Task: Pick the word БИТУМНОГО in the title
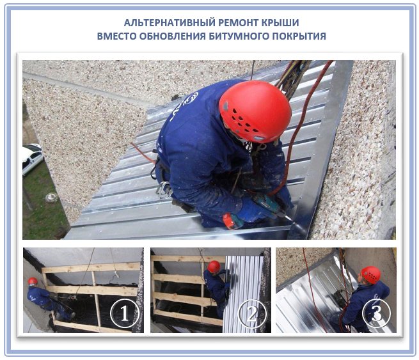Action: [x=239, y=36]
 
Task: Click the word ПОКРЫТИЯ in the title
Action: [x=299, y=36]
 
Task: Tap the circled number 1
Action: [x=125, y=313]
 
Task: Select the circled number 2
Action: [x=252, y=313]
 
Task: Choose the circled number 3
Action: [x=377, y=313]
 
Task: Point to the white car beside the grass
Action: [x=33, y=159]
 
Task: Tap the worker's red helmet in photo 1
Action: [x=33, y=281]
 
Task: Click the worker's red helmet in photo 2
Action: [x=214, y=267]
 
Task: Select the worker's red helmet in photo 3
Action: [x=371, y=274]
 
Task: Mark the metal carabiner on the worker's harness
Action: [x=164, y=190]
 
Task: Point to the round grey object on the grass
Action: [x=51, y=198]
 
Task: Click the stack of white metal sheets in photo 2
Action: [x=243, y=293]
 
